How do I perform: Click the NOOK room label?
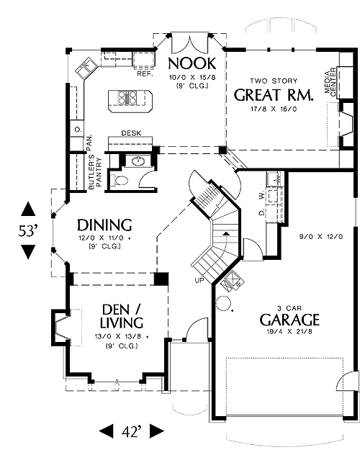click(192, 63)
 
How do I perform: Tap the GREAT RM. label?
click(274, 94)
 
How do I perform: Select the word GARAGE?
click(289, 320)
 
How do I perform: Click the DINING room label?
click(104, 225)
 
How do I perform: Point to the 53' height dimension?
click(28, 231)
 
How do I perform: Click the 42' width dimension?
click(132, 431)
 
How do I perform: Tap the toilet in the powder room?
click(120, 181)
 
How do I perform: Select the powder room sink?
click(138, 161)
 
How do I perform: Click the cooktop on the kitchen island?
click(127, 97)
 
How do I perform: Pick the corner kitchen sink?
click(86, 68)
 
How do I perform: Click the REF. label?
click(145, 74)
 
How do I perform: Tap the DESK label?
click(132, 133)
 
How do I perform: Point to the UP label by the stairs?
click(199, 280)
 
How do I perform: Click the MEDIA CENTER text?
click(330, 82)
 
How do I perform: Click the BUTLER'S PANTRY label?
click(95, 174)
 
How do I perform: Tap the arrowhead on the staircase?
click(225, 233)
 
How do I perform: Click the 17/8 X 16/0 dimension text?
click(274, 109)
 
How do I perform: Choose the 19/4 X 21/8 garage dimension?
click(289, 332)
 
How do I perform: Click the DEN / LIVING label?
click(122, 316)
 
